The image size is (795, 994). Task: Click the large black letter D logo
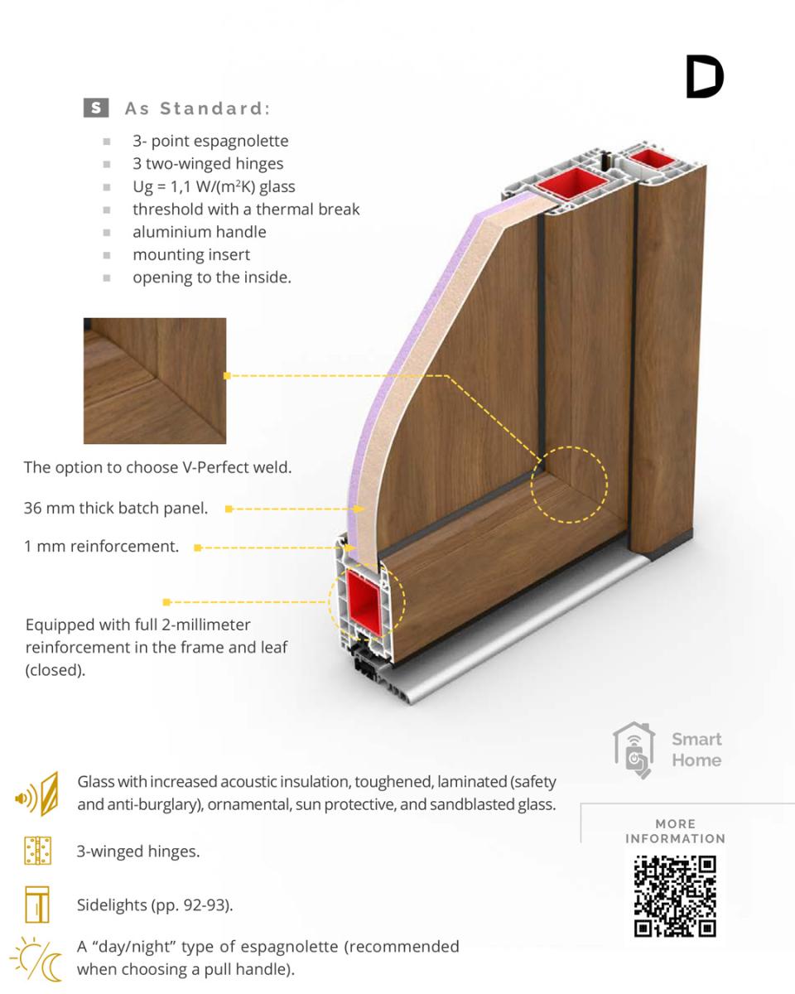[x=705, y=76]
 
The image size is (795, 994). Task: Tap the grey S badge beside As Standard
[x=96, y=108]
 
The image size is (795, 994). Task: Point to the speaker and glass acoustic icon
[x=37, y=794]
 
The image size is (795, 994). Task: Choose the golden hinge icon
[x=37, y=851]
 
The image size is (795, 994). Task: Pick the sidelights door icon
[x=37, y=905]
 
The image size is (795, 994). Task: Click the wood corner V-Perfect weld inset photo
[x=155, y=380]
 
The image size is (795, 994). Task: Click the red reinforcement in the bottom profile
[x=365, y=601]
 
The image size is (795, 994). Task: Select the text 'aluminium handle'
[x=200, y=232]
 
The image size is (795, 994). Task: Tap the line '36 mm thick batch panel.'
[x=116, y=508]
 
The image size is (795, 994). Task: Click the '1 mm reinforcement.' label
[x=101, y=547]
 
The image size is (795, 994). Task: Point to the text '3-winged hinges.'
[x=138, y=852]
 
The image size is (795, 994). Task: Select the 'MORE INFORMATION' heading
[x=675, y=831]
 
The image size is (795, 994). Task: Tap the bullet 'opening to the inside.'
[x=212, y=277]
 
